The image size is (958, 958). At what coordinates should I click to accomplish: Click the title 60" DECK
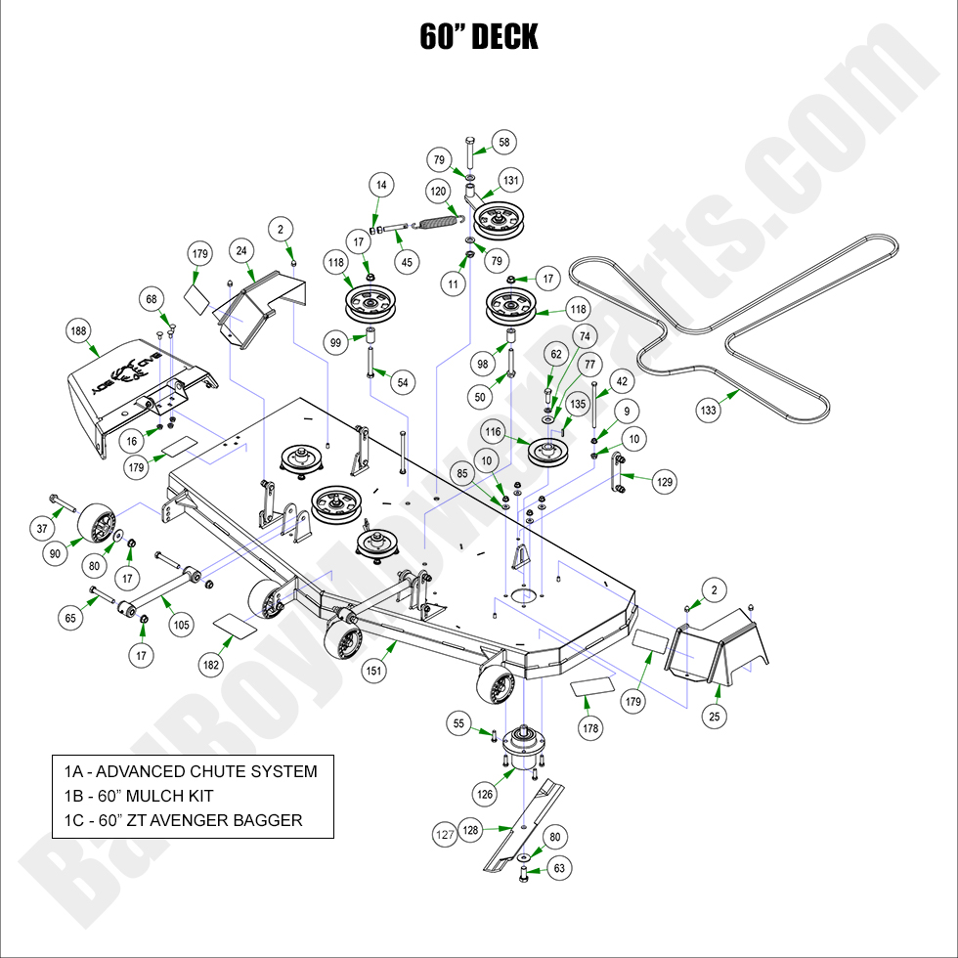tap(479, 37)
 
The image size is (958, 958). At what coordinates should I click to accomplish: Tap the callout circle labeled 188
tap(78, 330)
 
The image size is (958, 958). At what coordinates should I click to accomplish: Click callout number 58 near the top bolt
tap(504, 142)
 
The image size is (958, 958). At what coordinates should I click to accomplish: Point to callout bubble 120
tap(437, 192)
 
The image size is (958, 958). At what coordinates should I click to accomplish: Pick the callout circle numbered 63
tap(559, 866)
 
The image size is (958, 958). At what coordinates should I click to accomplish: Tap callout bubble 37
tap(42, 529)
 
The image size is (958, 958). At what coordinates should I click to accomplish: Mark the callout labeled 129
tap(665, 481)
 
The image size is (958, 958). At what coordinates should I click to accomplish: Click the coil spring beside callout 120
tap(437, 223)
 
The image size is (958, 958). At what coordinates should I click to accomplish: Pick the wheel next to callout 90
tap(99, 521)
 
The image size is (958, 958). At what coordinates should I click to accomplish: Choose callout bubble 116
tap(493, 431)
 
